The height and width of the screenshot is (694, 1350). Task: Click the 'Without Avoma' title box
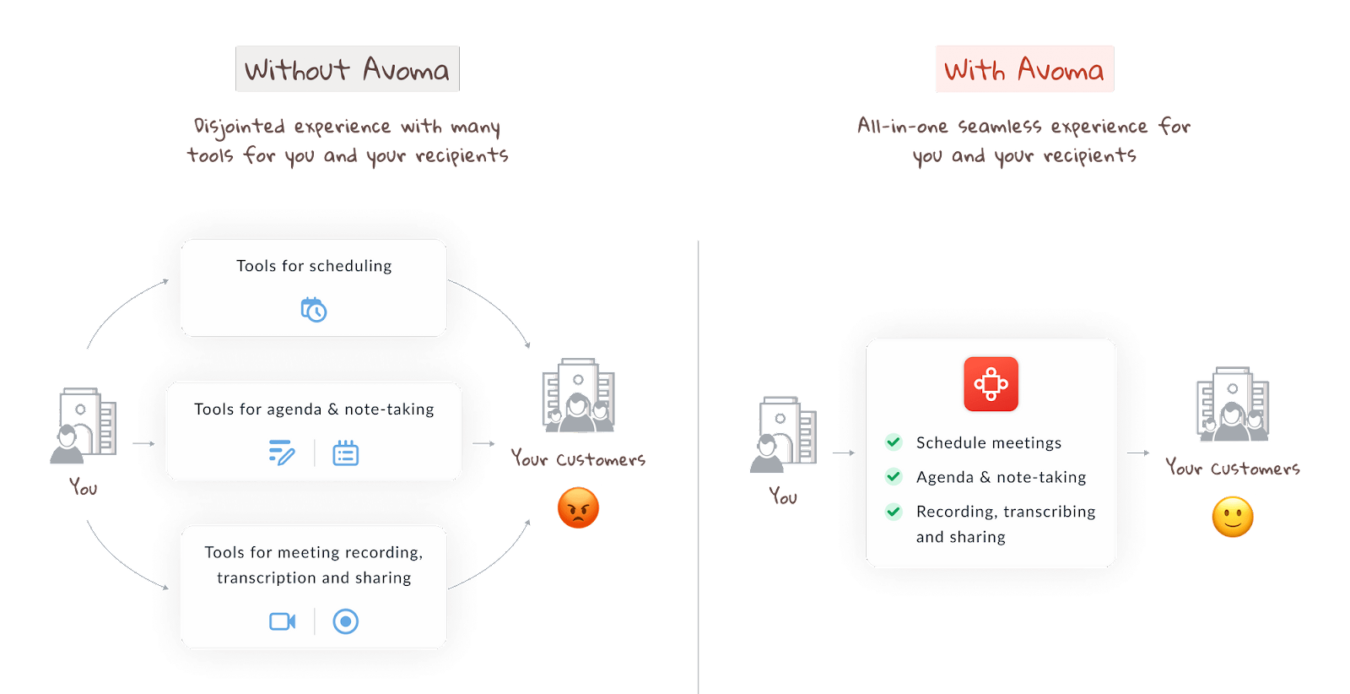(x=348, y=69)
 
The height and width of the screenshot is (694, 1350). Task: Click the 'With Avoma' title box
(x=1024, y=69)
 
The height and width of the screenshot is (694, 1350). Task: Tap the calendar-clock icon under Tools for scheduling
(x=314, y=310)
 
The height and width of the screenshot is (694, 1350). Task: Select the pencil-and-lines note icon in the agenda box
(x=282, y=453)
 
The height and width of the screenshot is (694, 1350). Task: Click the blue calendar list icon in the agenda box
(x=345, y=453)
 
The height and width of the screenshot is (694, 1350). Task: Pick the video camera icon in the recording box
(x=282, y=621)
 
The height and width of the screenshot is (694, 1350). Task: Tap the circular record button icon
(x=345, y=621)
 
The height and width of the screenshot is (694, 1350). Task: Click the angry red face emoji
(x=578, y=508)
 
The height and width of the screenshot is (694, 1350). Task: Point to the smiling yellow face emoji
(x=1232, y=518)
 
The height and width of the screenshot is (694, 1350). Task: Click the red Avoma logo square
(x=991, y=384)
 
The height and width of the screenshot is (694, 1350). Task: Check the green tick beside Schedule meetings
(x=894, y=442)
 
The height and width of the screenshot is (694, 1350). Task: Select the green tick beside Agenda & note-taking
(x=894, y=476)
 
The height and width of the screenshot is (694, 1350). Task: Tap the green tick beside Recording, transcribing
(x=894, y=511)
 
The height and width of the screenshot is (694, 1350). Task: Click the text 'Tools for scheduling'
(x=314, y=266)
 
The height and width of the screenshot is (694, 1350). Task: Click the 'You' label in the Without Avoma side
(x=84, y=487)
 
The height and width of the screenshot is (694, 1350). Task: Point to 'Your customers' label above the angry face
(x=578, y=459)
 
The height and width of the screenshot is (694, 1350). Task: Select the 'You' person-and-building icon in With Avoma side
(x=782, y=433)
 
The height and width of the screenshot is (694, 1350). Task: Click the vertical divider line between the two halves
(x=699, y=464)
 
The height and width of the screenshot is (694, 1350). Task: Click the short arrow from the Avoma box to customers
(x=1138, y=453)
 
